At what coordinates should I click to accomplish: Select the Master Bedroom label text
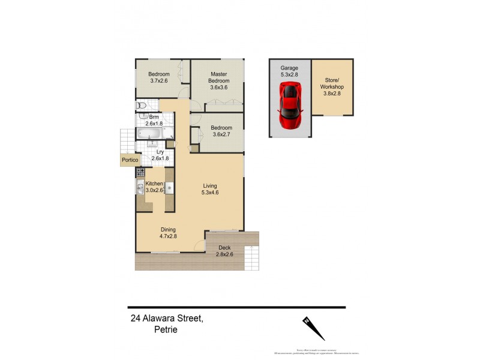click(219, 80)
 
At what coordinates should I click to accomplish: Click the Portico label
click(130, 160)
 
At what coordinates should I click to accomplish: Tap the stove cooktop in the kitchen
click(140, 172)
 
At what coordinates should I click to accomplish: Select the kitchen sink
click(140, 189)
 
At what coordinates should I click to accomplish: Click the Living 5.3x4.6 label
click(211, 190)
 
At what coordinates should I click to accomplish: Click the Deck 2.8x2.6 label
click(224, 251)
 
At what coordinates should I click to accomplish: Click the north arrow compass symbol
click(314, 328)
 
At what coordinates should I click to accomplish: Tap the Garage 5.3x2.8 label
click(289, 72)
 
